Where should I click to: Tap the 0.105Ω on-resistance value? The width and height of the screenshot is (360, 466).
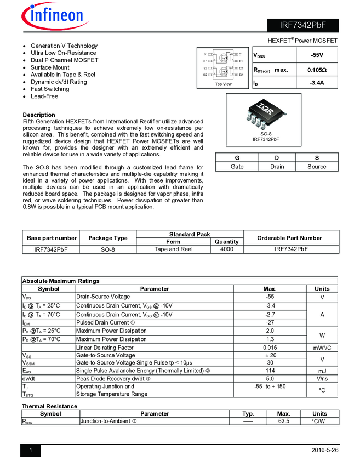[317, 70]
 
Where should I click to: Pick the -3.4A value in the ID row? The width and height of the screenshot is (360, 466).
[317, 83]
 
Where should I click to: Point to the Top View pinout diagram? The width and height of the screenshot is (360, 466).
[223, 67]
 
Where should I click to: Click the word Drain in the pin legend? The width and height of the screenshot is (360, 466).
[277, 167]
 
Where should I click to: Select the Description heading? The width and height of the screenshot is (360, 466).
[39, 115]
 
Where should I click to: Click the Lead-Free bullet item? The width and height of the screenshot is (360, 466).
[45, 96]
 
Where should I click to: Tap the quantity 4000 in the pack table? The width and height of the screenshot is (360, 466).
[226, 249]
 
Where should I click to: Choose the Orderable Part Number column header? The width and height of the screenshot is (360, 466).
[290, 238]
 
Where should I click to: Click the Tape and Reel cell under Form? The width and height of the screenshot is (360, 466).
[173, 249]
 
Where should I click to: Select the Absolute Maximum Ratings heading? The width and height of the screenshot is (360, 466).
[61, 281]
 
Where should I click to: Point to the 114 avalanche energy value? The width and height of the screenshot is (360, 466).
[270, 371]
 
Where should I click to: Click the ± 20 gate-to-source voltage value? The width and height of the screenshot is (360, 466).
[270, 355]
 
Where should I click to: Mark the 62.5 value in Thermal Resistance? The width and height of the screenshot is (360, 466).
[283, 421]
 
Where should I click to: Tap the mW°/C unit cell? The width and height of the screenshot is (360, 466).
[322, 348]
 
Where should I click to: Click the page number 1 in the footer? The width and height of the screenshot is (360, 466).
[31, 451]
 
